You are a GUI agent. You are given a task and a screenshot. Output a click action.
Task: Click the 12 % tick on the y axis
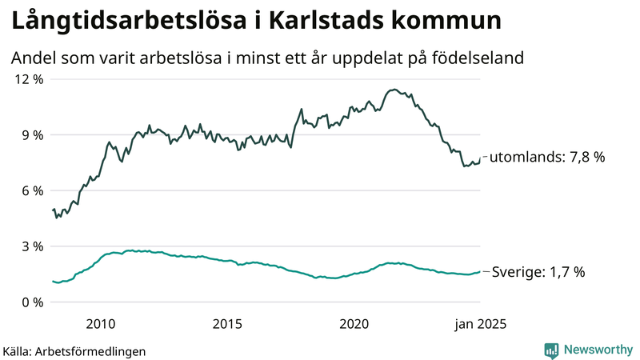[27, 79]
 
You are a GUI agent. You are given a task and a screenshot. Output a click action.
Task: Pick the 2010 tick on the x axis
[101, 324]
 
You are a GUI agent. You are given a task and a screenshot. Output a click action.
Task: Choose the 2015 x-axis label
[228, 324]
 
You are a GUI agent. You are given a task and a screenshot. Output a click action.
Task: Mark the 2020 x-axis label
[354, 324]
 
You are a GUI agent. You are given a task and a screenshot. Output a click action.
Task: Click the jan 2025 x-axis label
[480, 324]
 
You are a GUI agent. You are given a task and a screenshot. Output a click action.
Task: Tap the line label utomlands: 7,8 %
[546, 158]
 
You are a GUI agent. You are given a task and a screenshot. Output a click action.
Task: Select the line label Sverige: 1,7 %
[538, 272]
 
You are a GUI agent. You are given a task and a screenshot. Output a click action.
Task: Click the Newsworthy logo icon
[551, 350]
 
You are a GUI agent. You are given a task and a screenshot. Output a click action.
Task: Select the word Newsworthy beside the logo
[598, 350]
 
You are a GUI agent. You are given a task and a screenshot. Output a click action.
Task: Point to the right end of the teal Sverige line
[480, 272]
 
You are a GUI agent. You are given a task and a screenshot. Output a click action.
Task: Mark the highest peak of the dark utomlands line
[394, 90]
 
